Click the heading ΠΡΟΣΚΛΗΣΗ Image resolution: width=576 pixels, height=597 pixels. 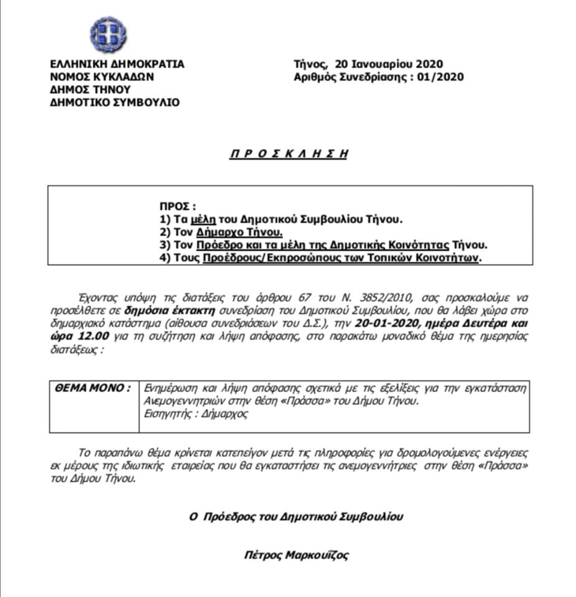click(x=288, y=154)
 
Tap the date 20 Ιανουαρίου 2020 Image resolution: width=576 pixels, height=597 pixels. click(x=388, y=64)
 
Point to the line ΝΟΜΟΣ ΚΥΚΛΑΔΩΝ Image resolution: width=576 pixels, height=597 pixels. click(x=102, y=77)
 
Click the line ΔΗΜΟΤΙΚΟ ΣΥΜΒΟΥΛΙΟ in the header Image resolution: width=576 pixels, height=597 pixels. click(x=115, y=103)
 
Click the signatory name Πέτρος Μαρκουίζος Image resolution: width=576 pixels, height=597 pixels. click(x=296, y=555)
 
